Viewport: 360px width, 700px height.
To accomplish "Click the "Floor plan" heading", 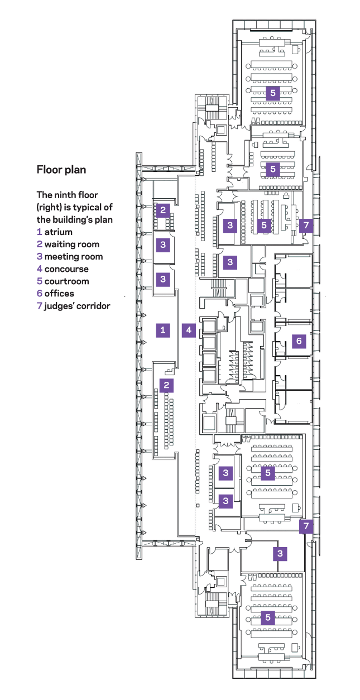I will pyautogui.click(x=61, y=169).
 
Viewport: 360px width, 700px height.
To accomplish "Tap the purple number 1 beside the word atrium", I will pyautogui.click(x=40, y=232).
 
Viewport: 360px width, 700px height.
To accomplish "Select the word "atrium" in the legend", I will pyautogui.click(x=59, y=232).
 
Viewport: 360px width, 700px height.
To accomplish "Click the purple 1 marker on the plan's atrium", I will pyautogui.click(x=163, y=330).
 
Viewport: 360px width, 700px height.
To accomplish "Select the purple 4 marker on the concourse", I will pyautogui.click(x=189, y=330).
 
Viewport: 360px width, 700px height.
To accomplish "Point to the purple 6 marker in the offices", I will pyautogui.click(x=299, y=340).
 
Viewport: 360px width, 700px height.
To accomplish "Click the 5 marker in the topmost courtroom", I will pyautogui.click(x=272, y=93).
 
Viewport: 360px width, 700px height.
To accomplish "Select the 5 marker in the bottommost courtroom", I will pyautogui.click(x=268, y=617).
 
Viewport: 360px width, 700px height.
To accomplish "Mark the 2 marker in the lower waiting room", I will pyautogui.click(x=166, y=385).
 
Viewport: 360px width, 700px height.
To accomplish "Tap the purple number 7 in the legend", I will pyautogui.click(x=40, y=305).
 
